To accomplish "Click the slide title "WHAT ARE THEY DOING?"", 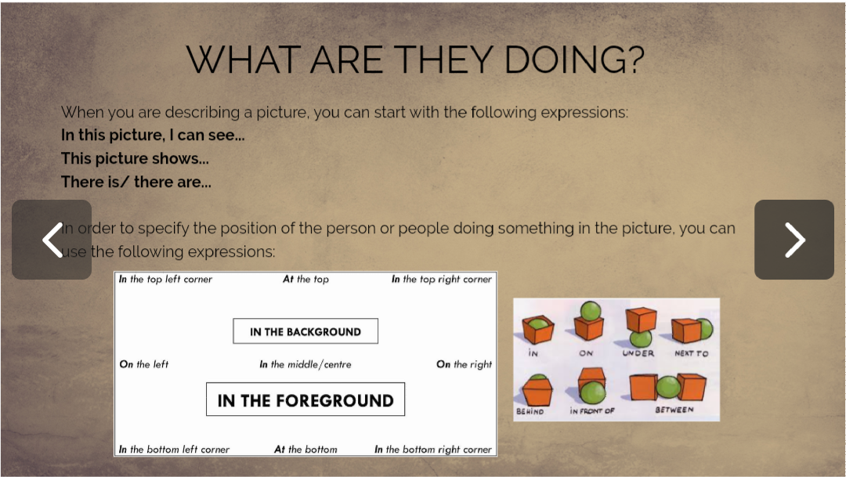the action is [415, 59].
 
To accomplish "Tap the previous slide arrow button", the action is [52, 240].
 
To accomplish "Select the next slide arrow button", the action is [794, 240].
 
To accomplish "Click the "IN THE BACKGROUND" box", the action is [305, 331].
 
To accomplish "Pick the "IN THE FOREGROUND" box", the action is [305, 399].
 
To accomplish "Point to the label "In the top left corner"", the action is [165, 280].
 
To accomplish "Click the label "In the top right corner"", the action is [441, 280].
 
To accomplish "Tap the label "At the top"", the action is [305, 280].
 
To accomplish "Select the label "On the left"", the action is [144, 365].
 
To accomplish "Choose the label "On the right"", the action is [464, 365].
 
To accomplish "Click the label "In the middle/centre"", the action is [305, 365].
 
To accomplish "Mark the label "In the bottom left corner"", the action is [174, 450].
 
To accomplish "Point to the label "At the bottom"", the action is [305, 450].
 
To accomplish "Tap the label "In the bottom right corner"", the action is [432, 450].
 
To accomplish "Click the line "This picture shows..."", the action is [135, 159].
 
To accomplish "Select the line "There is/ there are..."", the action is [136, 182].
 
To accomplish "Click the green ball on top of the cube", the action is [591, 311].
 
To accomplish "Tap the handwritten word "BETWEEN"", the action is [674, 410].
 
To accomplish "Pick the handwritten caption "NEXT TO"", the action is [691, 353].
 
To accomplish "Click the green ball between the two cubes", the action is [668, 387].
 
